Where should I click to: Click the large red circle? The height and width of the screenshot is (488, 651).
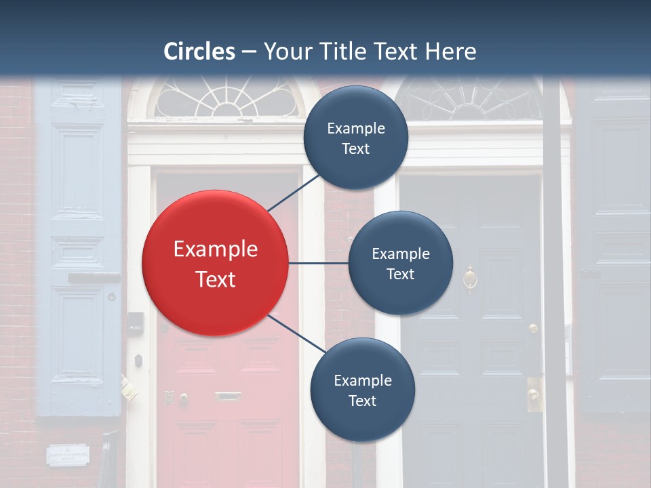pyautogui.click(x=215, y=263)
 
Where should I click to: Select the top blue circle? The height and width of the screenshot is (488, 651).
pyautogui.click(x=355, y=138)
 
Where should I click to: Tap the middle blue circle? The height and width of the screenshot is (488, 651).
pyautogui.click(x=400, y=263)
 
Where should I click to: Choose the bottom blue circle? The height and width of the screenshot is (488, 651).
pyautogui.click(x=362, y=390)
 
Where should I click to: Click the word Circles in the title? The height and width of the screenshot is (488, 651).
pyautogui.click(x=199, y=52)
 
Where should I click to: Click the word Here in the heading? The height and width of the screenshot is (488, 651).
pyautogui.click(x=450, y=52)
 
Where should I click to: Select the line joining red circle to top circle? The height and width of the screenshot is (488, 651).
pyautogui.click(x=295, y=191)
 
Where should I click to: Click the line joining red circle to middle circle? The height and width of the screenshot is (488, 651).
pyautogui.click(x=318, y=263)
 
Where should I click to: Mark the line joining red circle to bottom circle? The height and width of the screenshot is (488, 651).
pyautogui.click(x=298, y=334)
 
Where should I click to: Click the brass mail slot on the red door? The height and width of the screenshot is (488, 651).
pyautogui.click(x=228, y=396)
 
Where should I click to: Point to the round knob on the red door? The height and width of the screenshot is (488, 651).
pyautogui.click(x=183, y=398)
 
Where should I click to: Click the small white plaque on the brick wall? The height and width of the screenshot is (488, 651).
pyautogui.click(x=68, y=454)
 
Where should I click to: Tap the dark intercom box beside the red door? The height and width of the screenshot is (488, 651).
pyautogui.click(x=136, y=323)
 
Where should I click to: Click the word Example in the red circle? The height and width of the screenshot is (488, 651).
pyautogui.click(x=215, y=249)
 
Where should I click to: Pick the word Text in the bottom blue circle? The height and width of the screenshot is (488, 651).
pyautogui.click(x=362, y=401)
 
